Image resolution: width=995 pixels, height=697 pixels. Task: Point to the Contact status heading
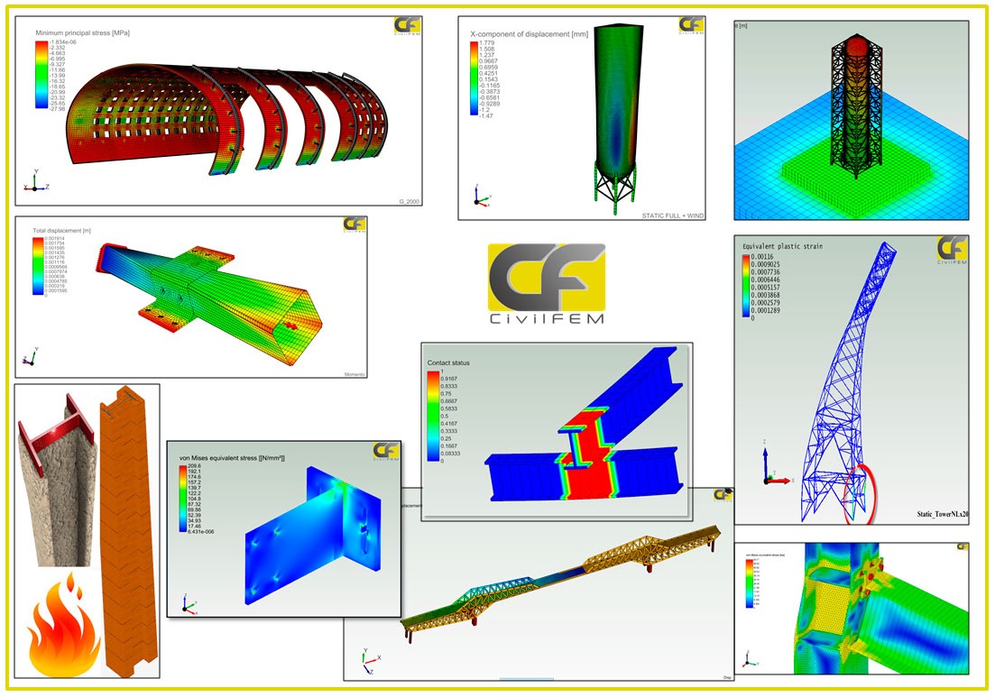pos(448,362)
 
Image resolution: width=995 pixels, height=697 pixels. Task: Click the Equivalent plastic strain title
pos(781,246)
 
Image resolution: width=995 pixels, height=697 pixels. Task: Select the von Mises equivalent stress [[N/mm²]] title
pos(233,458)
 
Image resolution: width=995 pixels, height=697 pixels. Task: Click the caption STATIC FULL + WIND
pos(673,216)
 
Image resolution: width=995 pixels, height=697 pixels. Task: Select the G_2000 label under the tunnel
pos(409,201)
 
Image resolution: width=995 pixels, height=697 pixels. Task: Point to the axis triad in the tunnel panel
pos(34,182)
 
